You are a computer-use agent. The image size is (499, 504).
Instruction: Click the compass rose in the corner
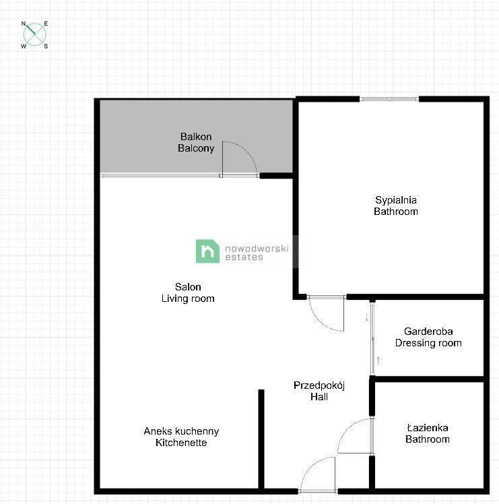35,35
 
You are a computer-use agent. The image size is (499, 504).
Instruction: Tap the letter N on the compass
24,24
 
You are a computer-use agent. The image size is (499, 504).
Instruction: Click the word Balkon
196,136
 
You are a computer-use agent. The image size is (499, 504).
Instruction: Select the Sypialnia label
396,199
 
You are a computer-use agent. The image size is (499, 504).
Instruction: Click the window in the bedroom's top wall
389,99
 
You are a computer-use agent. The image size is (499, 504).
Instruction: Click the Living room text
188,298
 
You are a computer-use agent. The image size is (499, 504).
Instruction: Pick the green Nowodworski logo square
207,251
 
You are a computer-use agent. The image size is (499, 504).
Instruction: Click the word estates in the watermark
244,257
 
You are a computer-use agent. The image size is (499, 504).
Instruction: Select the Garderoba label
428,331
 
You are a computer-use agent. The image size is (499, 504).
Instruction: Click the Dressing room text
428,343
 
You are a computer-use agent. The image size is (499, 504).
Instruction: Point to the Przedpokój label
319,385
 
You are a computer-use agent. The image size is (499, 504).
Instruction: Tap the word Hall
319,397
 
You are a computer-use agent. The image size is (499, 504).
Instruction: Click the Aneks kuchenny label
181,431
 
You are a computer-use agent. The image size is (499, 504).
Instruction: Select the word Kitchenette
181,443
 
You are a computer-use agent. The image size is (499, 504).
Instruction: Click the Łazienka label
427,427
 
